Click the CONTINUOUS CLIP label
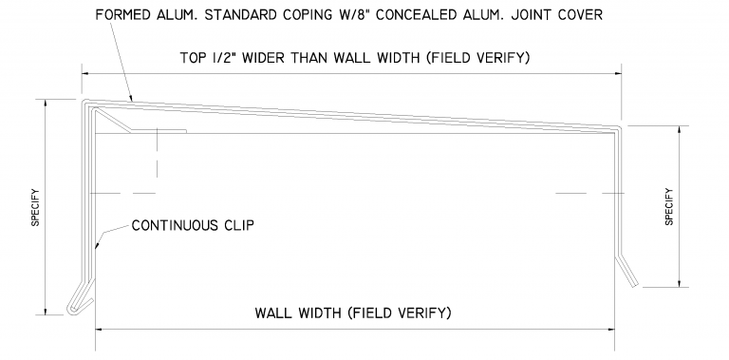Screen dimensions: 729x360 pyautogui.click(x=192, y=226)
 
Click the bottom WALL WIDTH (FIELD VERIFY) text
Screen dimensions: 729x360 pyautogui.click(x=352, y=312)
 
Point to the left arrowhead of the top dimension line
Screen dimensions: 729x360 pyautogui.click(x=85, y=71)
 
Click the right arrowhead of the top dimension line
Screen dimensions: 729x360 pyautogui.click(x=619, y=71)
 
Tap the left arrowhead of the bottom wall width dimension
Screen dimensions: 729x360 pyautogui.click(x=100, y=330)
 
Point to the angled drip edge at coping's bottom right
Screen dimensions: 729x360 pyautogui.click(x=629, y=273)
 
